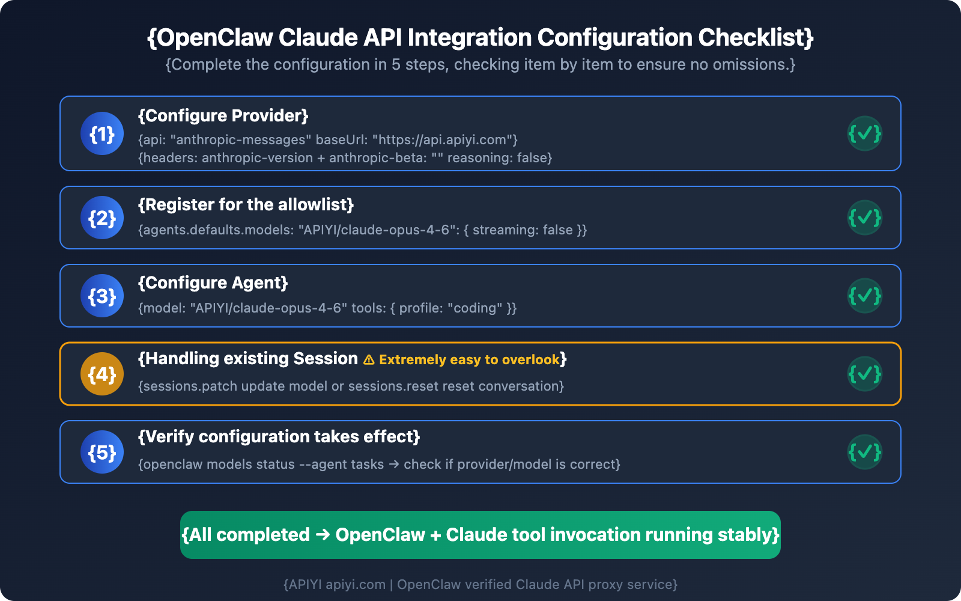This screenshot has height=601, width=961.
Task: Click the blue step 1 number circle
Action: [x=102, y=133]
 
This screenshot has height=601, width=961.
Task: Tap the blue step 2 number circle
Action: [x=102, y=218]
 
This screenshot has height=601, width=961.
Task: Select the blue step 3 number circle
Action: [x=102, y=296]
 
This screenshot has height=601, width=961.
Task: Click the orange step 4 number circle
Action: [x=102, y=374]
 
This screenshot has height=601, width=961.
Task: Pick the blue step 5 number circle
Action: [x=102, y=452]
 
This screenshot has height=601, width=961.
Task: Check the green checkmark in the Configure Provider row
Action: [x=865, y=133]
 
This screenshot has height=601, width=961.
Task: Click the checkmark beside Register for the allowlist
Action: [x=865, y=218]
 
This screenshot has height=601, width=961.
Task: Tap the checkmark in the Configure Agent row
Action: [x=865, y=296]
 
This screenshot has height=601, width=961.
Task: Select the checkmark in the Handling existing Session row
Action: [x=865, y=374]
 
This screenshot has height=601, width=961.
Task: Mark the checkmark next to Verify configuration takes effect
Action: [x=865, y=452]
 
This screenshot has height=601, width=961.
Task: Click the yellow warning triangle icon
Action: [x=369, y=360]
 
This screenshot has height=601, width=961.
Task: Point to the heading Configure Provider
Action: [x=223, y=115]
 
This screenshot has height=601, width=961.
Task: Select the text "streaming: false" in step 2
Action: [x=523, y=230]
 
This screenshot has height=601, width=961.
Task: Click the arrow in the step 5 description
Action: [x=394, y=465]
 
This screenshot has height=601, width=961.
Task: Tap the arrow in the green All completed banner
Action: [x=323, y=534]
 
